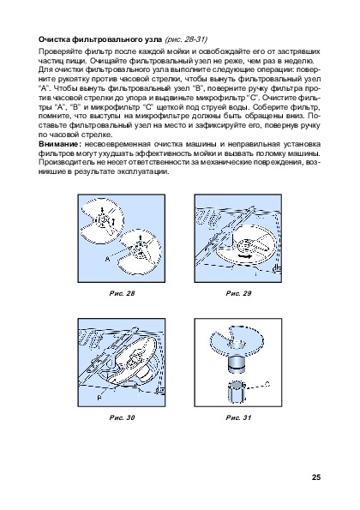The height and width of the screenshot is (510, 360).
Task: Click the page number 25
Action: click(x=316, y=477)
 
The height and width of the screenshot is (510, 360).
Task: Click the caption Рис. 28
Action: click(x=122, y=293)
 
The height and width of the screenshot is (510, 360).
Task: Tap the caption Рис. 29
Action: click(x=238, y=293)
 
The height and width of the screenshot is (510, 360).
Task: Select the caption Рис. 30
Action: click(x=122, y=417)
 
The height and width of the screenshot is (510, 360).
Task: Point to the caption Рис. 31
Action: click(x=238, y=417)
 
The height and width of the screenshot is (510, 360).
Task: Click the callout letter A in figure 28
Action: click(x=107, y=259)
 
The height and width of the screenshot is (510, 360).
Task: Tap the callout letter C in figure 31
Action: click(x=267, y=384)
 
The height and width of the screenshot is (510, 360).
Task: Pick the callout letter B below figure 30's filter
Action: click(x=99, y=398)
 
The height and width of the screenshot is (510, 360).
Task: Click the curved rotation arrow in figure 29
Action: click(x=244, y=257)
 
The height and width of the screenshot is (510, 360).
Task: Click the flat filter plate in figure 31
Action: click(x=237, y=339)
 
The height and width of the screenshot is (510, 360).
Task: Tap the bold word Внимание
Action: click(x=58, y=144)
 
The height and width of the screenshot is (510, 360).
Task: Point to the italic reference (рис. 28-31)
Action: click(x=186, y=39)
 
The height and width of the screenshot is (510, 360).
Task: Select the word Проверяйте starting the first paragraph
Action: click(x=61, y=51)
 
